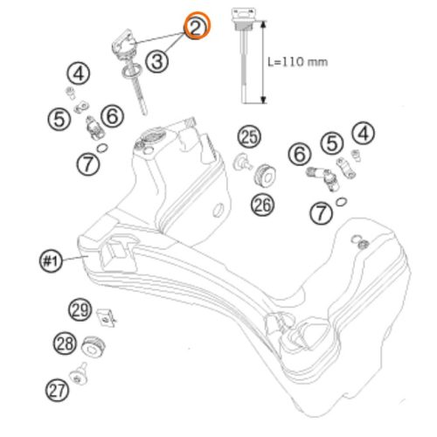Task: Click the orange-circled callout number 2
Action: tap(198, 26)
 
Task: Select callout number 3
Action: tap(157, 62)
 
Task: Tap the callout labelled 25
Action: tap(249, 136)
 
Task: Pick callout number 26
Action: tap(262, 205)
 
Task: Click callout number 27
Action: tap(57, 390)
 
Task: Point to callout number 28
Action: tap(65, 343)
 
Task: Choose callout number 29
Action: tap(80, 309)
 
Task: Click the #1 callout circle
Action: tap(51, 260)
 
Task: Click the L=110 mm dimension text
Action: tap(298, 62)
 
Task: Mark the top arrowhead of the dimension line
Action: tap(263, 24)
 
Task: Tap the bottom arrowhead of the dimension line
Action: tap(263, 100)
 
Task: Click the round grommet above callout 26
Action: tap(266, 175)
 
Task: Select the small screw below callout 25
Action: tap(242, 163)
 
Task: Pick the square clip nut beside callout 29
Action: tap(106, 317)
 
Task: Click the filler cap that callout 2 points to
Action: tap(124, 44)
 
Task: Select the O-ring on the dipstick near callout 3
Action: tap(131, 72)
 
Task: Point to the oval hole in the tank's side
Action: tap(218, 210)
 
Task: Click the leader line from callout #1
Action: tap(75, 258)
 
